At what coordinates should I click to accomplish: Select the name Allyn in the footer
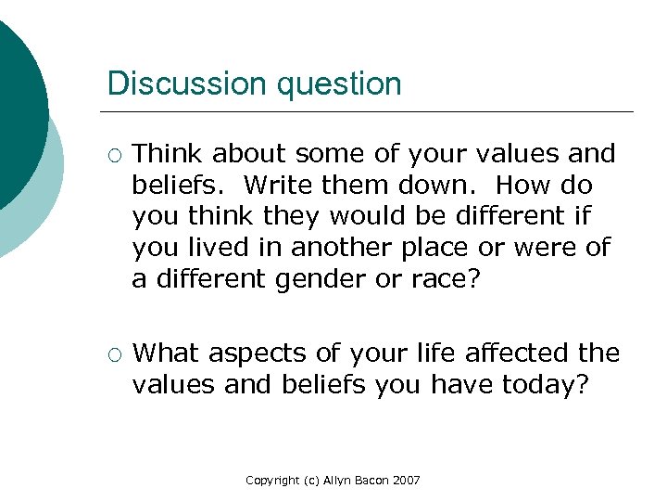pos(338,481)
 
